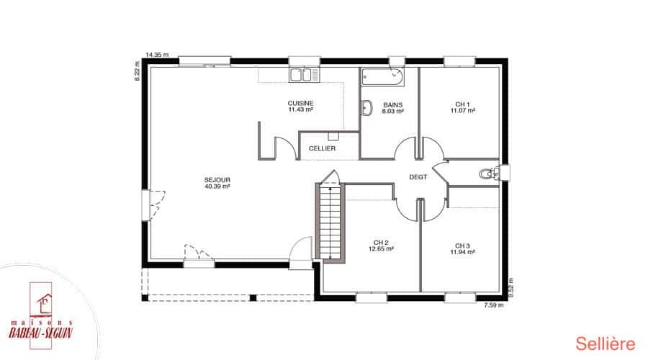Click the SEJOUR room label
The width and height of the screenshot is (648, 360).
tap(217, 180)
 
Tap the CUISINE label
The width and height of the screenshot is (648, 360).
tap(300, 103)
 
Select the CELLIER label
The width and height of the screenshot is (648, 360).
tap(322, 148)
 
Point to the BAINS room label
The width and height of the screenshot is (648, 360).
tap(392, 105)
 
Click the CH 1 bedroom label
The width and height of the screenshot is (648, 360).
tap(462, 104)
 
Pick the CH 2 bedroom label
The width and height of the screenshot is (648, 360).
tap(381, 243)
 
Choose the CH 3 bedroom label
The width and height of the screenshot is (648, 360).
tap(462, 246)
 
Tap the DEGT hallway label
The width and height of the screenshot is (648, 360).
tap(418, 177)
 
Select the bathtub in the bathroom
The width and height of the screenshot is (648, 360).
tap(383, 77)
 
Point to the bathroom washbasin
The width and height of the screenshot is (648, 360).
tap(366, 108)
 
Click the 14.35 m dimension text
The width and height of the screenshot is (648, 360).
tap(157, 55)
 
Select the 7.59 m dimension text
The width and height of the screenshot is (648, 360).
tap(493, 305)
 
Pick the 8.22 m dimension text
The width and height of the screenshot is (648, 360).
tap(138, 71)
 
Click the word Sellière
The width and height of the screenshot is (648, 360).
tap(605, 344)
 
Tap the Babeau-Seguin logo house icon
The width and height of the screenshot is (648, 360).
tap(44, 303)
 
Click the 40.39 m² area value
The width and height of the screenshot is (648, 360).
tap(217, 186)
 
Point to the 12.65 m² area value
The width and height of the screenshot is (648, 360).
tap(381, 249)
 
